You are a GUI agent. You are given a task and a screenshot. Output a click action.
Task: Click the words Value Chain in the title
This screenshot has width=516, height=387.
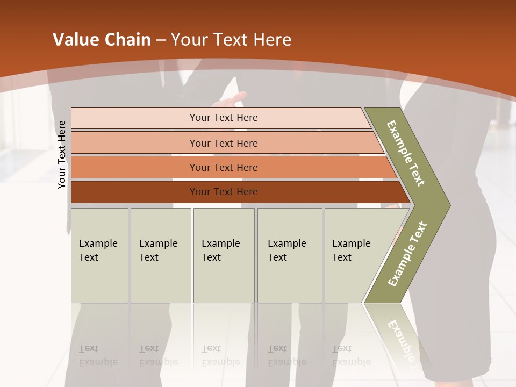[102, 40]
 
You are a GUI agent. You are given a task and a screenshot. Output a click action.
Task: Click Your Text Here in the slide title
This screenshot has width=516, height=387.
[231, 40]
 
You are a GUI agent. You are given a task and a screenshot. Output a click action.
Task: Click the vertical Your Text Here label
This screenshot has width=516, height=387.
[62, 154]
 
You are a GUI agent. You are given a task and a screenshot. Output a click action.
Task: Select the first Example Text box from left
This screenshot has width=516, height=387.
[99, 255]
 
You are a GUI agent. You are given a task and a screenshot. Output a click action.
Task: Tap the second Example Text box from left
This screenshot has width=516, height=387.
[160, 255]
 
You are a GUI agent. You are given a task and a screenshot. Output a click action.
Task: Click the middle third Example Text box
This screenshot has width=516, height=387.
[224, 255]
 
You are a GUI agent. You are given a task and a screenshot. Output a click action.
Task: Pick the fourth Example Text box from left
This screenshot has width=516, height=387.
[290, 255]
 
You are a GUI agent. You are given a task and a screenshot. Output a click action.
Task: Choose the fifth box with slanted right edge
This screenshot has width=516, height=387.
[355, 255]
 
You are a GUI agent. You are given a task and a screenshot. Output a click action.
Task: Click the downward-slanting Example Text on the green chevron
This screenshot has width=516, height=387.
[406, 153]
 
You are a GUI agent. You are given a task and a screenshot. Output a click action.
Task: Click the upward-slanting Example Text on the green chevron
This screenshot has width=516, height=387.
[407, 254]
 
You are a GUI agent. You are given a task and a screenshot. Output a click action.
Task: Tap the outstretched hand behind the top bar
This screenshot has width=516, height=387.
[231, 100]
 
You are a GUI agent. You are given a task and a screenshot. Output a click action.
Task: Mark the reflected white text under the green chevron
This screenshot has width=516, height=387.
[400, 339]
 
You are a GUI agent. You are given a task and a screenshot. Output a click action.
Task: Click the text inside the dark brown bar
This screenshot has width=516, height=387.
[224, 192]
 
